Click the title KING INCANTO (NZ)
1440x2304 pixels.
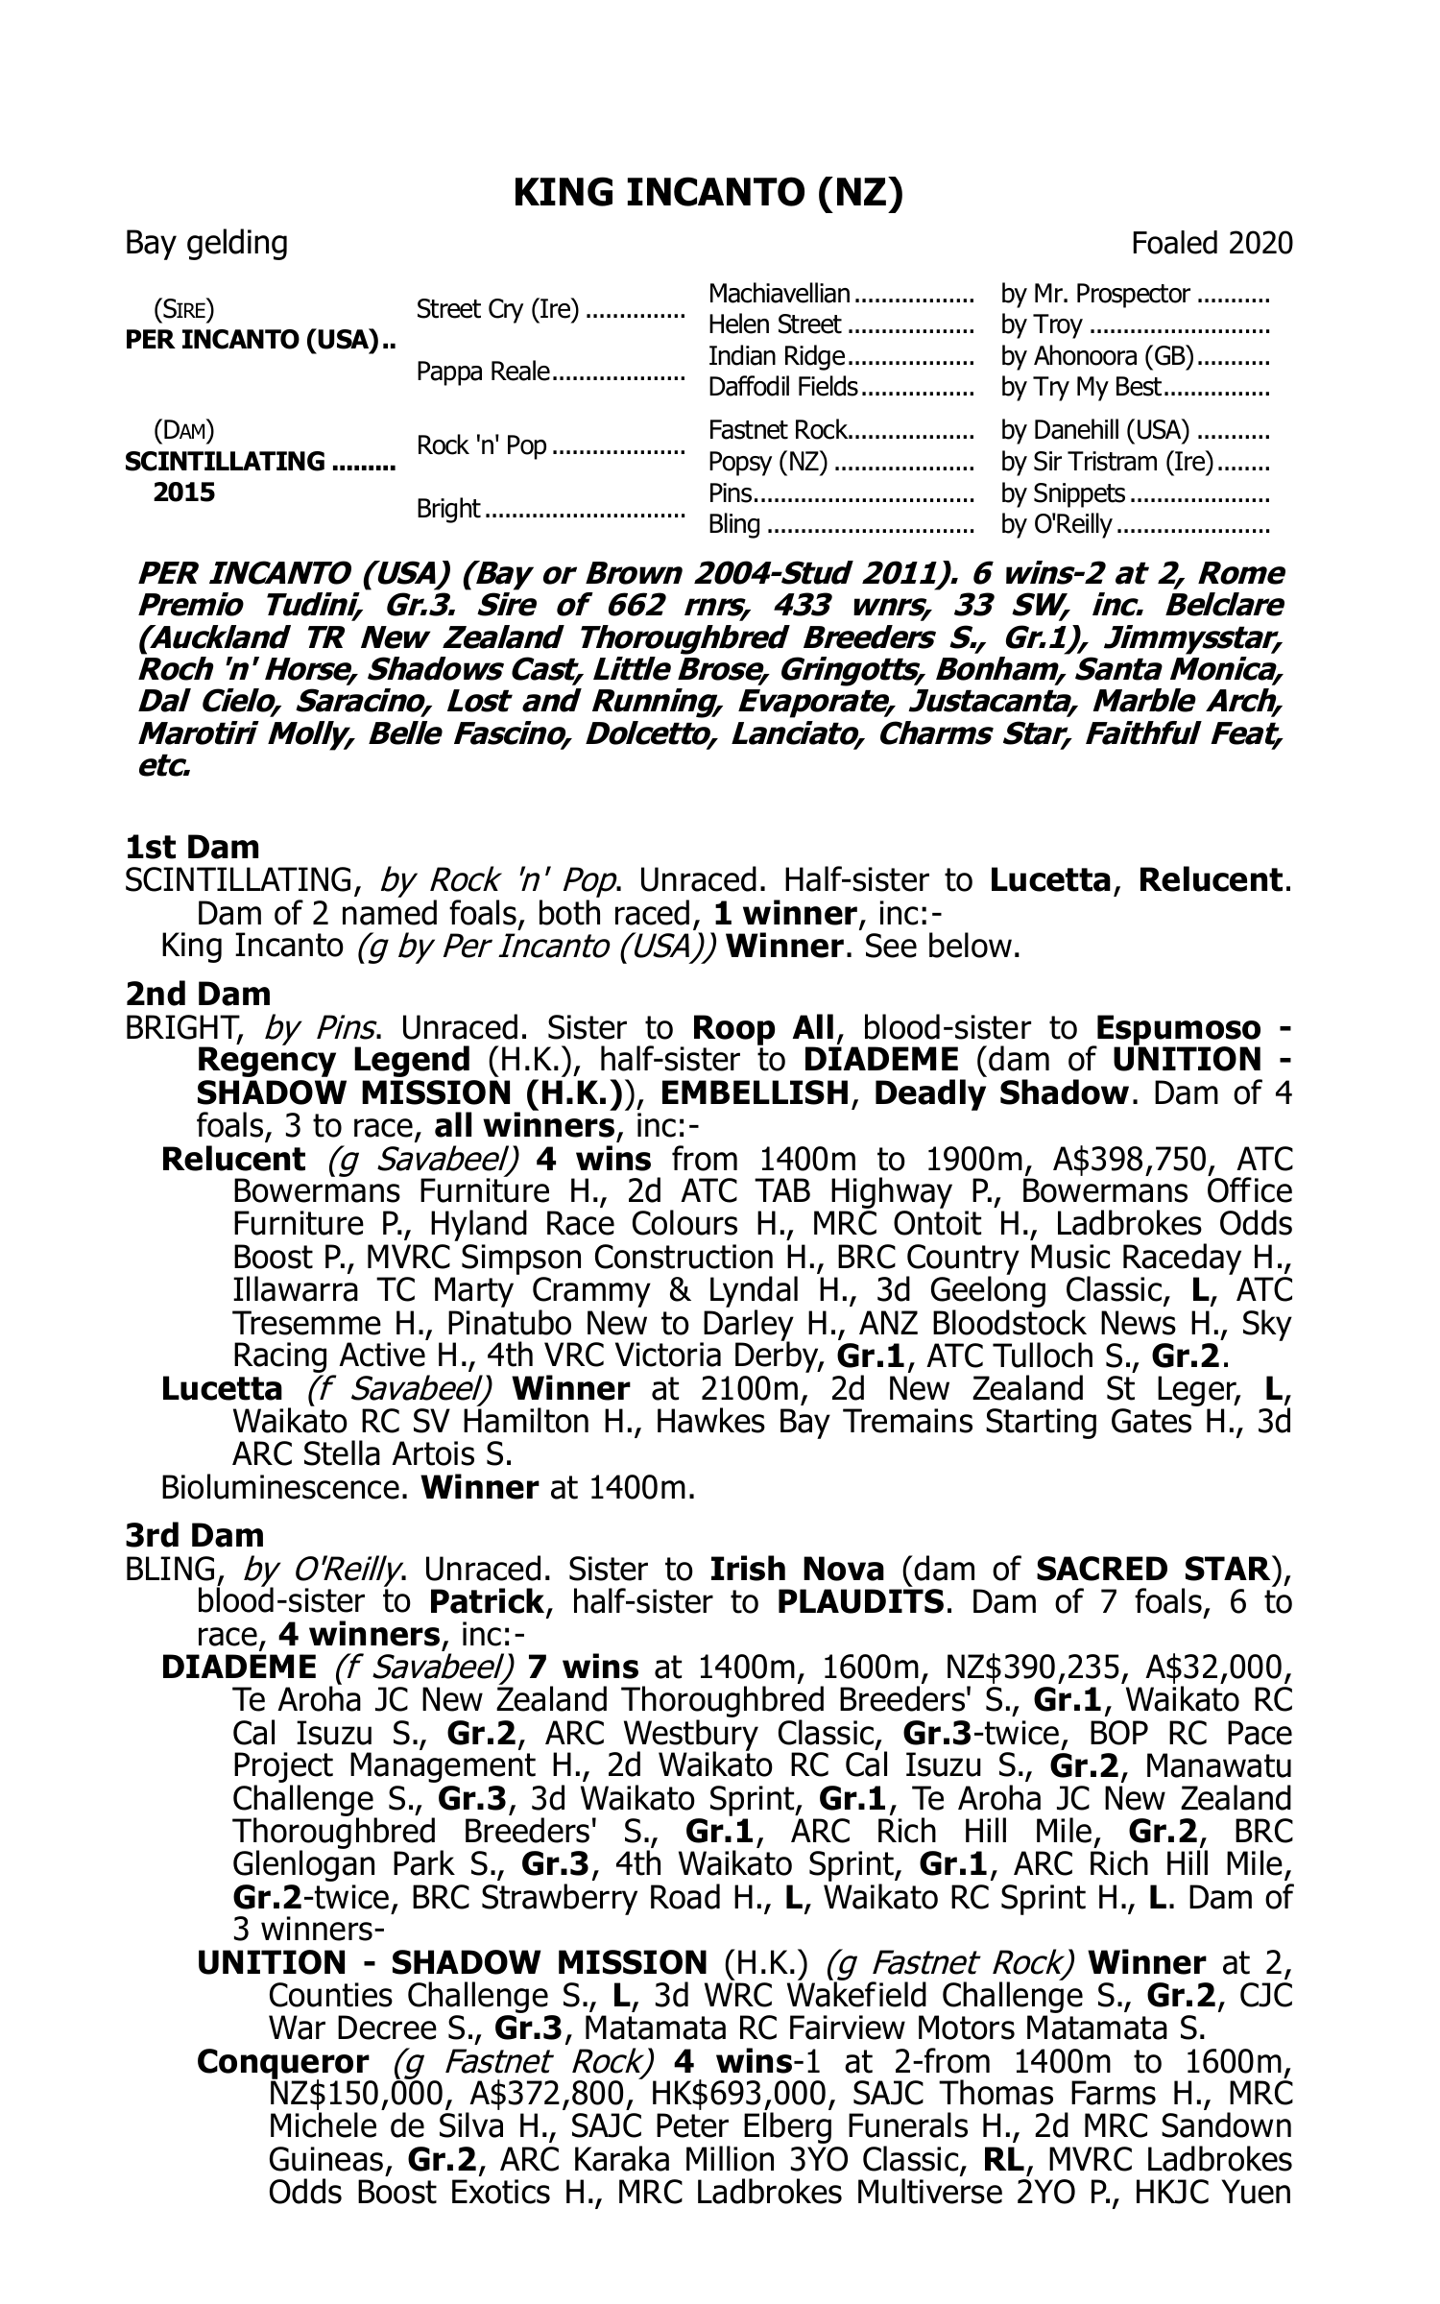pyautogui.click(x=708, y=194)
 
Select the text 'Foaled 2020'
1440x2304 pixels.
pyautogui.click(x=1212, y=244)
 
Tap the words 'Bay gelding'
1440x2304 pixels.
pyautogui.click(x=206, y=244)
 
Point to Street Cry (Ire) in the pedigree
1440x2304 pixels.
pyautogui.click(x=497, y=309)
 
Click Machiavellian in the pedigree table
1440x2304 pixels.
pyautogui.click(x=779, y=294)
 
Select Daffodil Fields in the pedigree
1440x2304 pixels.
pyautogui.click(x=782, y=387)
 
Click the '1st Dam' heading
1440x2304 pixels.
pyautogui.click(x=192, y=848)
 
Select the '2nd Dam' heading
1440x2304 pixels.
pyautogui.click(x=198, y=994)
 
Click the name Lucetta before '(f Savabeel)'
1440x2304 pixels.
pyautogui.click(x=222, y=1389)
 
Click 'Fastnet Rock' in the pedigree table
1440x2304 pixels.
pyautogui.click(x=778, y=430)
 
